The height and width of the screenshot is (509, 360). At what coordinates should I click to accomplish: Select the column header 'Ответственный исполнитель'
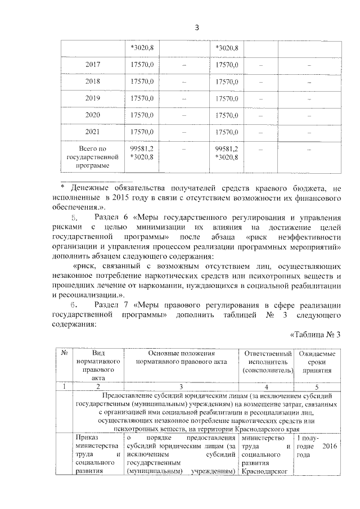coord(267,362)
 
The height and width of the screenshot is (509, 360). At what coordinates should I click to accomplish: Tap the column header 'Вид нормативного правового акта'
coord(98,366)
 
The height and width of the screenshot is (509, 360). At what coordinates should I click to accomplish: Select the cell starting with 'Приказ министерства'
coord(98,454)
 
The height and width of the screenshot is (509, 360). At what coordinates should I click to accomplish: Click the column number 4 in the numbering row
coord(267,387)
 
